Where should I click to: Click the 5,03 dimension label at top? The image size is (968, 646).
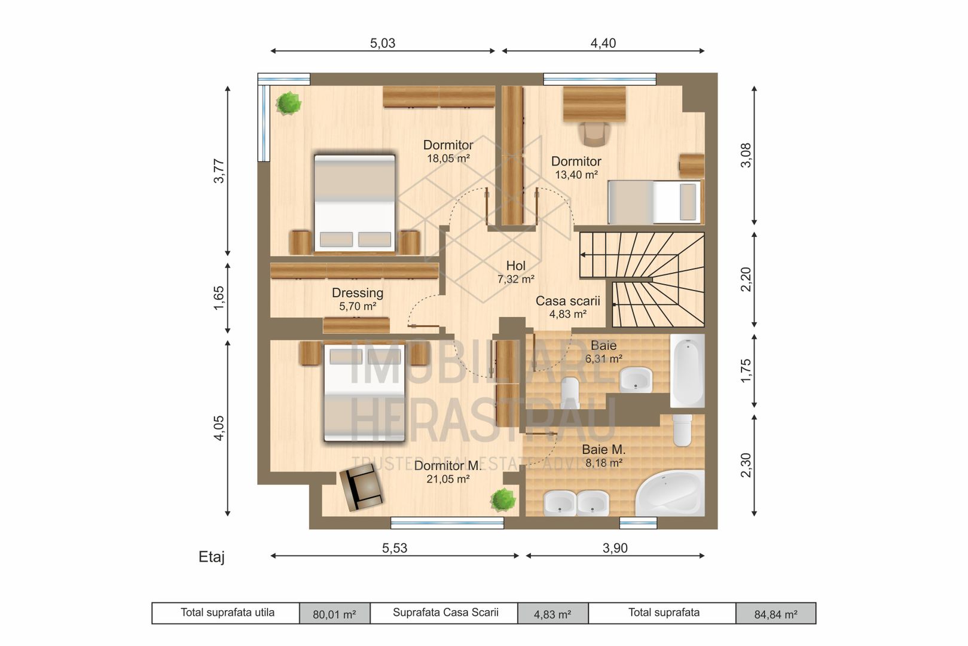383,43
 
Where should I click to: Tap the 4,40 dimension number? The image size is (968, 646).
603,43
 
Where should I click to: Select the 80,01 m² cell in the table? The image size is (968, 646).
334,614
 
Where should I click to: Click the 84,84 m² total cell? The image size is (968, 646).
775,614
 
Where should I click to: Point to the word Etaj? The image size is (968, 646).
212,557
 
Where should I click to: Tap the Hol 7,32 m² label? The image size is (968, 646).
515,272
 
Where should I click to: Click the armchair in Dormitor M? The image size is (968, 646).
361,488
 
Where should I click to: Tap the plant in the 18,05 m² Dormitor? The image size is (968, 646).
289,103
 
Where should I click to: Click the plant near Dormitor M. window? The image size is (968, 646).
503,499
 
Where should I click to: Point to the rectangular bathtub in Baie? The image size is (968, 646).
687,370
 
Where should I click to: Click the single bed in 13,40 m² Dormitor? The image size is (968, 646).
654,202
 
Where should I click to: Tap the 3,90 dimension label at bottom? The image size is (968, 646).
615,548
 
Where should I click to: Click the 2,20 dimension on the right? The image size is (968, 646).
746,279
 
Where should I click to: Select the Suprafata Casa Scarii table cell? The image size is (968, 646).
445,613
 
